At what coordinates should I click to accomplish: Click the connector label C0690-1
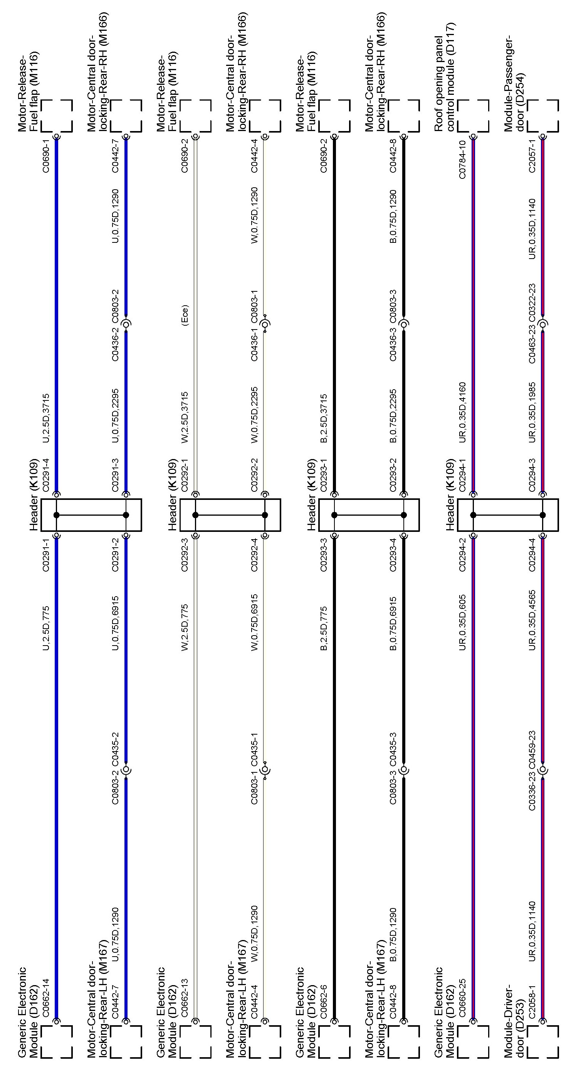pos(46,156)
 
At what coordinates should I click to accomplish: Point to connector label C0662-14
pos(46,999)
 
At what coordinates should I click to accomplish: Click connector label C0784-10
pos(462,160)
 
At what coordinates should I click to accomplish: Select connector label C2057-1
pos(532,156)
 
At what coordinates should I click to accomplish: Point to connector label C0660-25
pos(462,999)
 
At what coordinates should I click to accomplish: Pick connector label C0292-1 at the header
pos(185,474)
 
